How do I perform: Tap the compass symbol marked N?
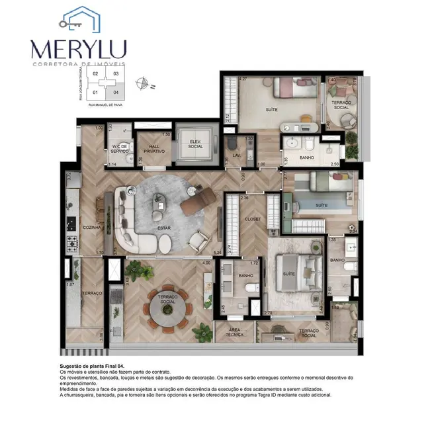142,83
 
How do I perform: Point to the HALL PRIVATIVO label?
153,149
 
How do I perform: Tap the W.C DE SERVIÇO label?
119,149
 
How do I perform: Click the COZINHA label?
91,228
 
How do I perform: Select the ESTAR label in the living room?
164,228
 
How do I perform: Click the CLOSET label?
253,219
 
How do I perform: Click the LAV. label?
236,156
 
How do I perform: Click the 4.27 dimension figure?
243,79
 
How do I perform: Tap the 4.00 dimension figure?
206,263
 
